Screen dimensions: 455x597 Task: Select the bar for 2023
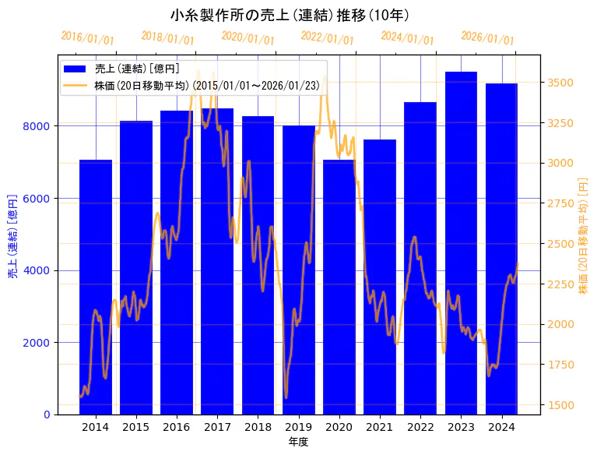click(x=461, y=242)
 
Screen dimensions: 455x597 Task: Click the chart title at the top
click(x=290, y=15)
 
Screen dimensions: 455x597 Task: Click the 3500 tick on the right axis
click(x=561, y=83)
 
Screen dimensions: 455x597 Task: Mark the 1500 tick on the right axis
click(x=561, y=405)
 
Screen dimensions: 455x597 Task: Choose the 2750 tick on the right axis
click(x=561, y=203)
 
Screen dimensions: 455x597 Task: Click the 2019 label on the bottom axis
click(x=299, y=427)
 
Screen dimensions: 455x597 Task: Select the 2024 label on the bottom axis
click(x=502, y=427)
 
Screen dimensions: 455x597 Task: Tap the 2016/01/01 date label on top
click(x=87, y=38)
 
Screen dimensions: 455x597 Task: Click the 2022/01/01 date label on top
click(x=327, y=38)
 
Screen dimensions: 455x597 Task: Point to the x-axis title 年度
click(x=298, y=442)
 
